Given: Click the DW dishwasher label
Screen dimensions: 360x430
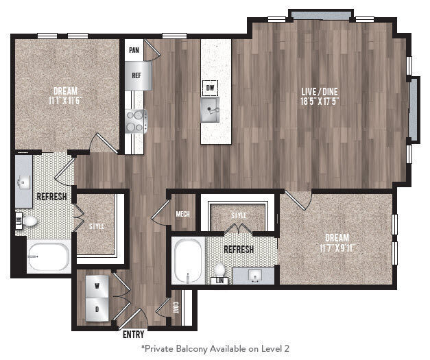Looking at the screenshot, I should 210,87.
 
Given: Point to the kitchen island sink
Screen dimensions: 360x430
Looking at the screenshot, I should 210,108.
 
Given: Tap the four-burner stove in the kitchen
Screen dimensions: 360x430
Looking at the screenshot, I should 135,121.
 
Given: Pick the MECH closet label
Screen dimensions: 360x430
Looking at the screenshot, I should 182,213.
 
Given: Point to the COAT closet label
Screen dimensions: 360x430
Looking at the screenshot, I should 176,309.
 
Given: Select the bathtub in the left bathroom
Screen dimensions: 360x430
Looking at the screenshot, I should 48,259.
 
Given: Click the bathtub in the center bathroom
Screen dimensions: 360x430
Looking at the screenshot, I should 187,261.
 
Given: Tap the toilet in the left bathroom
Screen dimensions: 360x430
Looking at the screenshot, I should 30,221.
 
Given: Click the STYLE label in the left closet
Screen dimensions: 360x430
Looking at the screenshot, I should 96,226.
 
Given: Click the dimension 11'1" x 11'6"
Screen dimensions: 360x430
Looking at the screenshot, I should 66,101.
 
